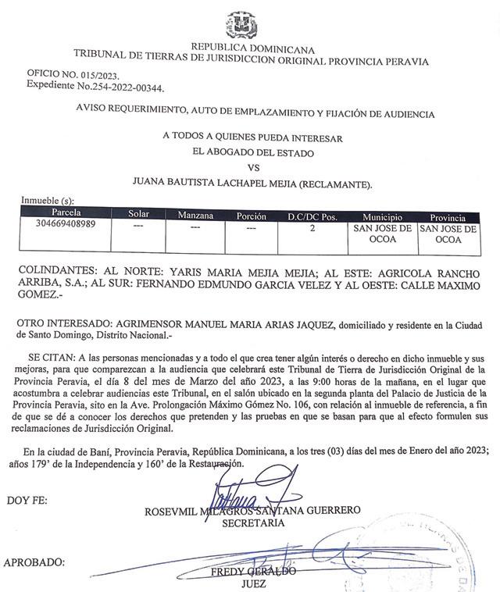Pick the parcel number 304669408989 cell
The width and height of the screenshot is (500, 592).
click(66, 226)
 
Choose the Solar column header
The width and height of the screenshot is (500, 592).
click(138, 214)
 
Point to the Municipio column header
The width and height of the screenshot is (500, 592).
click(382, 215)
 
